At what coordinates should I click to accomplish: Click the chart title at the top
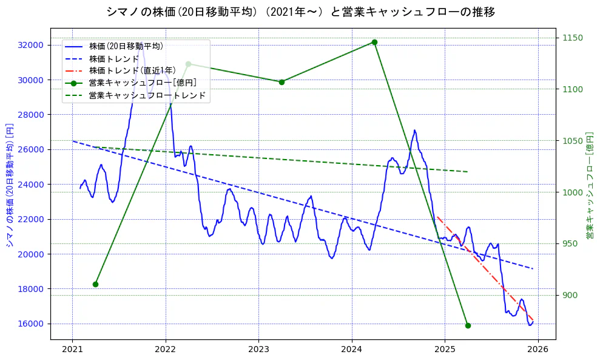300,12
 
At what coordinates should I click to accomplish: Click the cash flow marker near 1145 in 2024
374,42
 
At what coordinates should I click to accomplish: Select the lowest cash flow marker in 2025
468,325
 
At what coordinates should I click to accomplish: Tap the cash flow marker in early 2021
95,284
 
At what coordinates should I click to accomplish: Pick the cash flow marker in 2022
188,64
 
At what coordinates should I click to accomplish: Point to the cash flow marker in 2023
281,82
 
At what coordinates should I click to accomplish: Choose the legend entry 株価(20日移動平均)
126,46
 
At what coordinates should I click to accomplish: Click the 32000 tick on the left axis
30,45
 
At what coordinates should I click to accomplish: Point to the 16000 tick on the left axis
30,324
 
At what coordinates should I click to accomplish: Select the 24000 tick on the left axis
30,185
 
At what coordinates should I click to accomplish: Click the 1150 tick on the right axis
573,38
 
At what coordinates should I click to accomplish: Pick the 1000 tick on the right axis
573,192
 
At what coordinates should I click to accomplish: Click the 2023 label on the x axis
258,349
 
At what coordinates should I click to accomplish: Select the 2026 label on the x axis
538,349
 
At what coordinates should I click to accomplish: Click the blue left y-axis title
9,183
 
